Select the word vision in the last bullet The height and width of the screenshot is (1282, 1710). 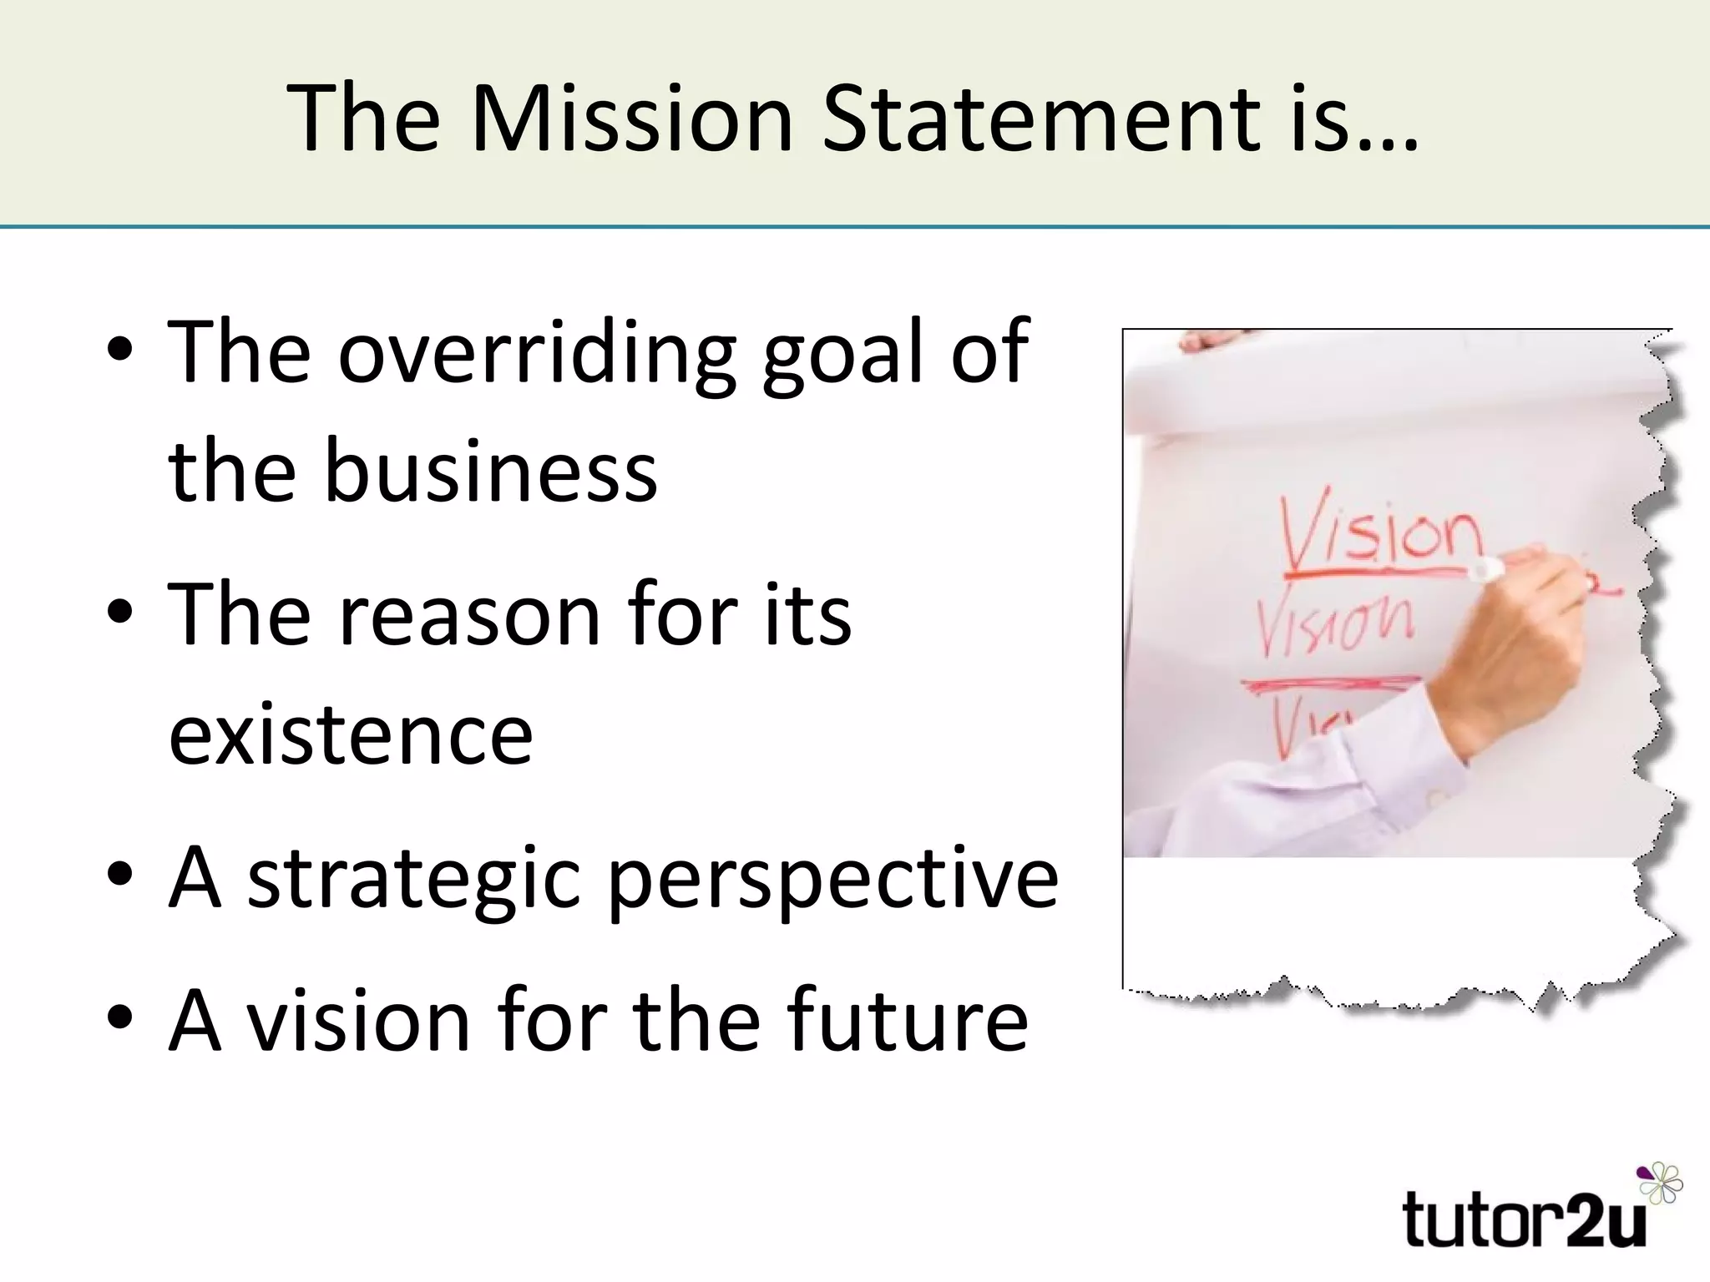coord(361,1020)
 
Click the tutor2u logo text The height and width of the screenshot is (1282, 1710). coord(1525,1220)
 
